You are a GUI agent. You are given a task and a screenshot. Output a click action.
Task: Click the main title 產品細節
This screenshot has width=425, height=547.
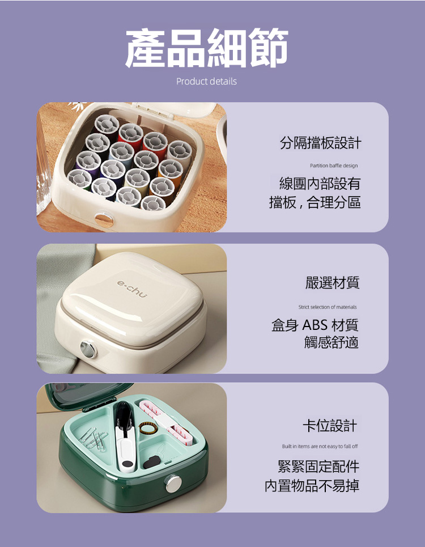207,48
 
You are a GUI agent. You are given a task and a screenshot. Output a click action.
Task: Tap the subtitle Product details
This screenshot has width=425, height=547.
206,81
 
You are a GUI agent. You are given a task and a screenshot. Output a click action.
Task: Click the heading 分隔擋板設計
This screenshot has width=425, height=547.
320,143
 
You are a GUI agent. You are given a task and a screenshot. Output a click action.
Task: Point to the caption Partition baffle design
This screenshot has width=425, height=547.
334,166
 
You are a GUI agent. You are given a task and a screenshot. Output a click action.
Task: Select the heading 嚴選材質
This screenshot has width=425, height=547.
332,283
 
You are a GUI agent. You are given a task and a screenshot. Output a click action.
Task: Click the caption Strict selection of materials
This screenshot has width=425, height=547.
328,307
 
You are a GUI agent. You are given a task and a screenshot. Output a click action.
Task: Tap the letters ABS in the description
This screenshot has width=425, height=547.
315,325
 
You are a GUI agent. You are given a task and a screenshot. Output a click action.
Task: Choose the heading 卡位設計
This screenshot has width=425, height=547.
330,426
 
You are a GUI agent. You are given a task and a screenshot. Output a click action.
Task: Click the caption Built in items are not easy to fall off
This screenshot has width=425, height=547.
320,446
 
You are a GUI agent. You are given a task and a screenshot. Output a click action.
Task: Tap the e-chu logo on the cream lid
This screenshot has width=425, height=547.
132,289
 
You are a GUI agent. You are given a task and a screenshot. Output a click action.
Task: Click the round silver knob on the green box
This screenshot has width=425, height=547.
173,484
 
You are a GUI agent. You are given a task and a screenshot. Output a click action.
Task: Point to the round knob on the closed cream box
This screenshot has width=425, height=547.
88,350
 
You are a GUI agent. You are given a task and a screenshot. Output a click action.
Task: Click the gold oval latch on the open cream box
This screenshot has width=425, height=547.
104,219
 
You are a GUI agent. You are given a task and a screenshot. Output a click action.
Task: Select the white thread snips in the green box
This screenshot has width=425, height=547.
124,436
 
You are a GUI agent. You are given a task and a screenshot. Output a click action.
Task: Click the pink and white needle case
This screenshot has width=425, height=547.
166,422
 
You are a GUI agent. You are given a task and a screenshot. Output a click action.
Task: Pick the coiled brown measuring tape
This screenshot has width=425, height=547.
146,428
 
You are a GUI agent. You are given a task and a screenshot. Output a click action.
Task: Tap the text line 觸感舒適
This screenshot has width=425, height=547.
331,342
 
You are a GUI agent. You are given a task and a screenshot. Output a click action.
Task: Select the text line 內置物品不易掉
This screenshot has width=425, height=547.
312,486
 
